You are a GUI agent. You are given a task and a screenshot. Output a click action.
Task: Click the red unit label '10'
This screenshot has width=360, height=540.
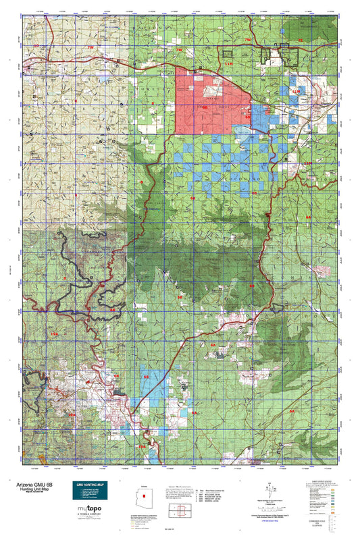coord(28,45)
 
